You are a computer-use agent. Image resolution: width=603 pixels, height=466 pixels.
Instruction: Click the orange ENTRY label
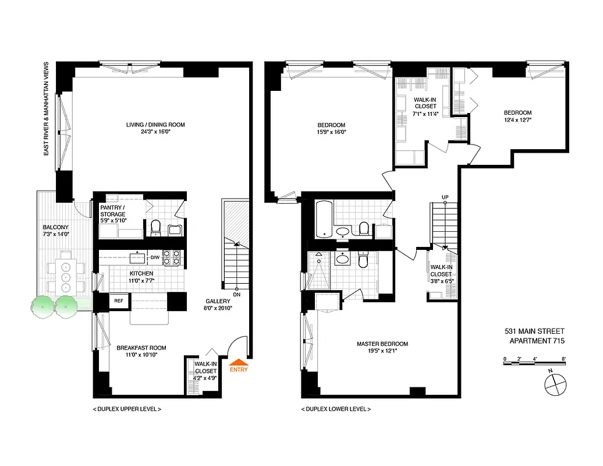tap(239, 369)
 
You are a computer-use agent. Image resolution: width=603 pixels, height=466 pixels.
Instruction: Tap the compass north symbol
tap(555, 384)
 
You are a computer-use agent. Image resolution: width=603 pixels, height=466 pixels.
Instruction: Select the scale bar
tap(535, 363)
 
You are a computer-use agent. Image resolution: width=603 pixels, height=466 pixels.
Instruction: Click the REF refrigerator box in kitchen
tap(119, 301)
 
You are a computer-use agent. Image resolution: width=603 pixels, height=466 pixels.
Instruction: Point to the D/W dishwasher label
tap(155, 257)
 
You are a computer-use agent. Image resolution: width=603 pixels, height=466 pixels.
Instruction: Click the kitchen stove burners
tap(172, 257)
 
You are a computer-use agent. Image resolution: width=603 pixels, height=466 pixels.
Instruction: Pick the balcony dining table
tap(65, 271)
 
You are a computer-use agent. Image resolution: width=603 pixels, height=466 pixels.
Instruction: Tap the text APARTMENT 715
tap(537, 341)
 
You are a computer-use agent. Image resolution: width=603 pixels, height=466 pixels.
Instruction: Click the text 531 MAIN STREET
tap(534, 331)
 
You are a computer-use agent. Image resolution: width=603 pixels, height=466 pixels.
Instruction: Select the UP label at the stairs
tap(445, 197)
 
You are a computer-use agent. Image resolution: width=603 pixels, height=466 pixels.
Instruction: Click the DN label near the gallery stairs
tap(237, 295)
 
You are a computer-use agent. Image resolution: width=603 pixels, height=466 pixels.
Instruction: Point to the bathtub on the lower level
tap(324, 220)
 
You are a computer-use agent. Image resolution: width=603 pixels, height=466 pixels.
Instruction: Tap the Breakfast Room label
tap(137, 348)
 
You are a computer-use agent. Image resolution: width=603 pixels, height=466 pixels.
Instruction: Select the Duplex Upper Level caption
tap(126, 409)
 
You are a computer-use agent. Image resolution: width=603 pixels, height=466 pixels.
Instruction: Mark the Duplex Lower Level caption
tap(335, 409)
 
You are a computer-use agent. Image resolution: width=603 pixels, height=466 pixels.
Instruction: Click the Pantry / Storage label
tap(112, 211)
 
